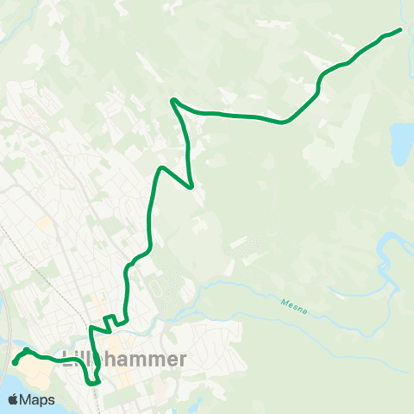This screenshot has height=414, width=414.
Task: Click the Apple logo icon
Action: click(x=14, y=399)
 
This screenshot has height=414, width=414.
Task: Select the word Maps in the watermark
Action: click(x=39, y=399)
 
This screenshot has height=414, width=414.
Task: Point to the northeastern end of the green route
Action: click(x=401, y=29)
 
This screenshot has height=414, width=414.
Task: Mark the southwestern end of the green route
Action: click(x=15, y=363)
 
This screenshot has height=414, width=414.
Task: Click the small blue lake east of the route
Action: click(x=401, y=142)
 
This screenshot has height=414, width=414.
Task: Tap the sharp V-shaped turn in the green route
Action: click(x=191, y=185)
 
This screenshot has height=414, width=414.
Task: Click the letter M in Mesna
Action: click(x=284, y=301)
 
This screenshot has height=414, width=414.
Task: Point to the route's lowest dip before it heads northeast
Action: click(x=284, y=122)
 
